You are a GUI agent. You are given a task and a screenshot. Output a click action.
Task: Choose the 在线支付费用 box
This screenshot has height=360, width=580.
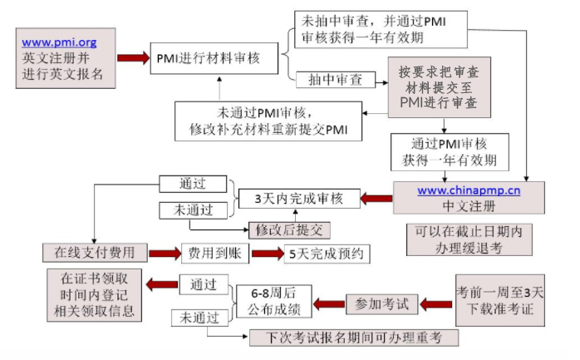coord(101,252)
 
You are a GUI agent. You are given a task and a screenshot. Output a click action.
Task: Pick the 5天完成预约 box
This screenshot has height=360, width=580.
coord(323,253)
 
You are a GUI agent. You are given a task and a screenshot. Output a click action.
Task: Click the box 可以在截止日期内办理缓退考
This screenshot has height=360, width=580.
coord(470,239)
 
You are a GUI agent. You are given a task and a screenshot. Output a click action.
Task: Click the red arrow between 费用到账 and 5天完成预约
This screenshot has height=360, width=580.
coord(268,253)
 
